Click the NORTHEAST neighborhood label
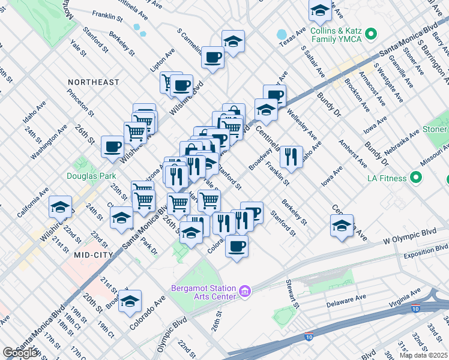point(94,82)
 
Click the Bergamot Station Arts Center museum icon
point(245,292)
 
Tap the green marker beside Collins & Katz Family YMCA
point(371,34)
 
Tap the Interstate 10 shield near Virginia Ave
point(415,308)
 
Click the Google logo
point(20,353)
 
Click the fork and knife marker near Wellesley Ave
point(291,157)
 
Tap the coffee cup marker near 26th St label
point(113,146)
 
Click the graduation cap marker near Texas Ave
point(320,10)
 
